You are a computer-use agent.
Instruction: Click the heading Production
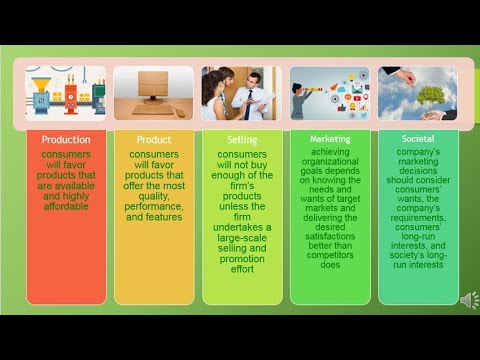tap(66, 139)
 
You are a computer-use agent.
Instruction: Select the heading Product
tap(154, 139)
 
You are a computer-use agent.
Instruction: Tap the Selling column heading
tap(242, 139)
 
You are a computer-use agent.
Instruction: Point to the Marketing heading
tap(330, 139)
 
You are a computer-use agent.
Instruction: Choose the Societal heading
tap(418, 139)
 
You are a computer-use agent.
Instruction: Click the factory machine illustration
tap(66, 93)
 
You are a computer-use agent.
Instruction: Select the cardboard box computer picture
tap(154, 93)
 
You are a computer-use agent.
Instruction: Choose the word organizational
tap(330, 165)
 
